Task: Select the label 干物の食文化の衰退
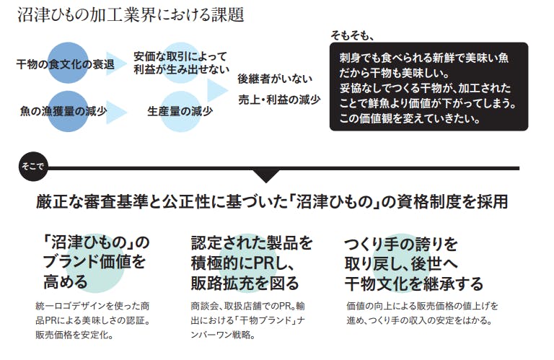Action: click(x=66, y=65)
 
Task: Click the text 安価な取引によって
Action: click(x=180, y=56)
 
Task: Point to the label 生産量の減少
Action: click(x=180, y=111)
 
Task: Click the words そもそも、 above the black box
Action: click(x=353, y=35)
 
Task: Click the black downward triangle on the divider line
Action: click(x=265, y=175)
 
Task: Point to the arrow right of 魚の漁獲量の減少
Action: click(x=118, y=111)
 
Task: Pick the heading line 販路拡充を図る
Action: click(x=245, y=281)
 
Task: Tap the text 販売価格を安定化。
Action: click(x=74, y=335)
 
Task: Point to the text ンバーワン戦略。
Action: click(x=222, y=335)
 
